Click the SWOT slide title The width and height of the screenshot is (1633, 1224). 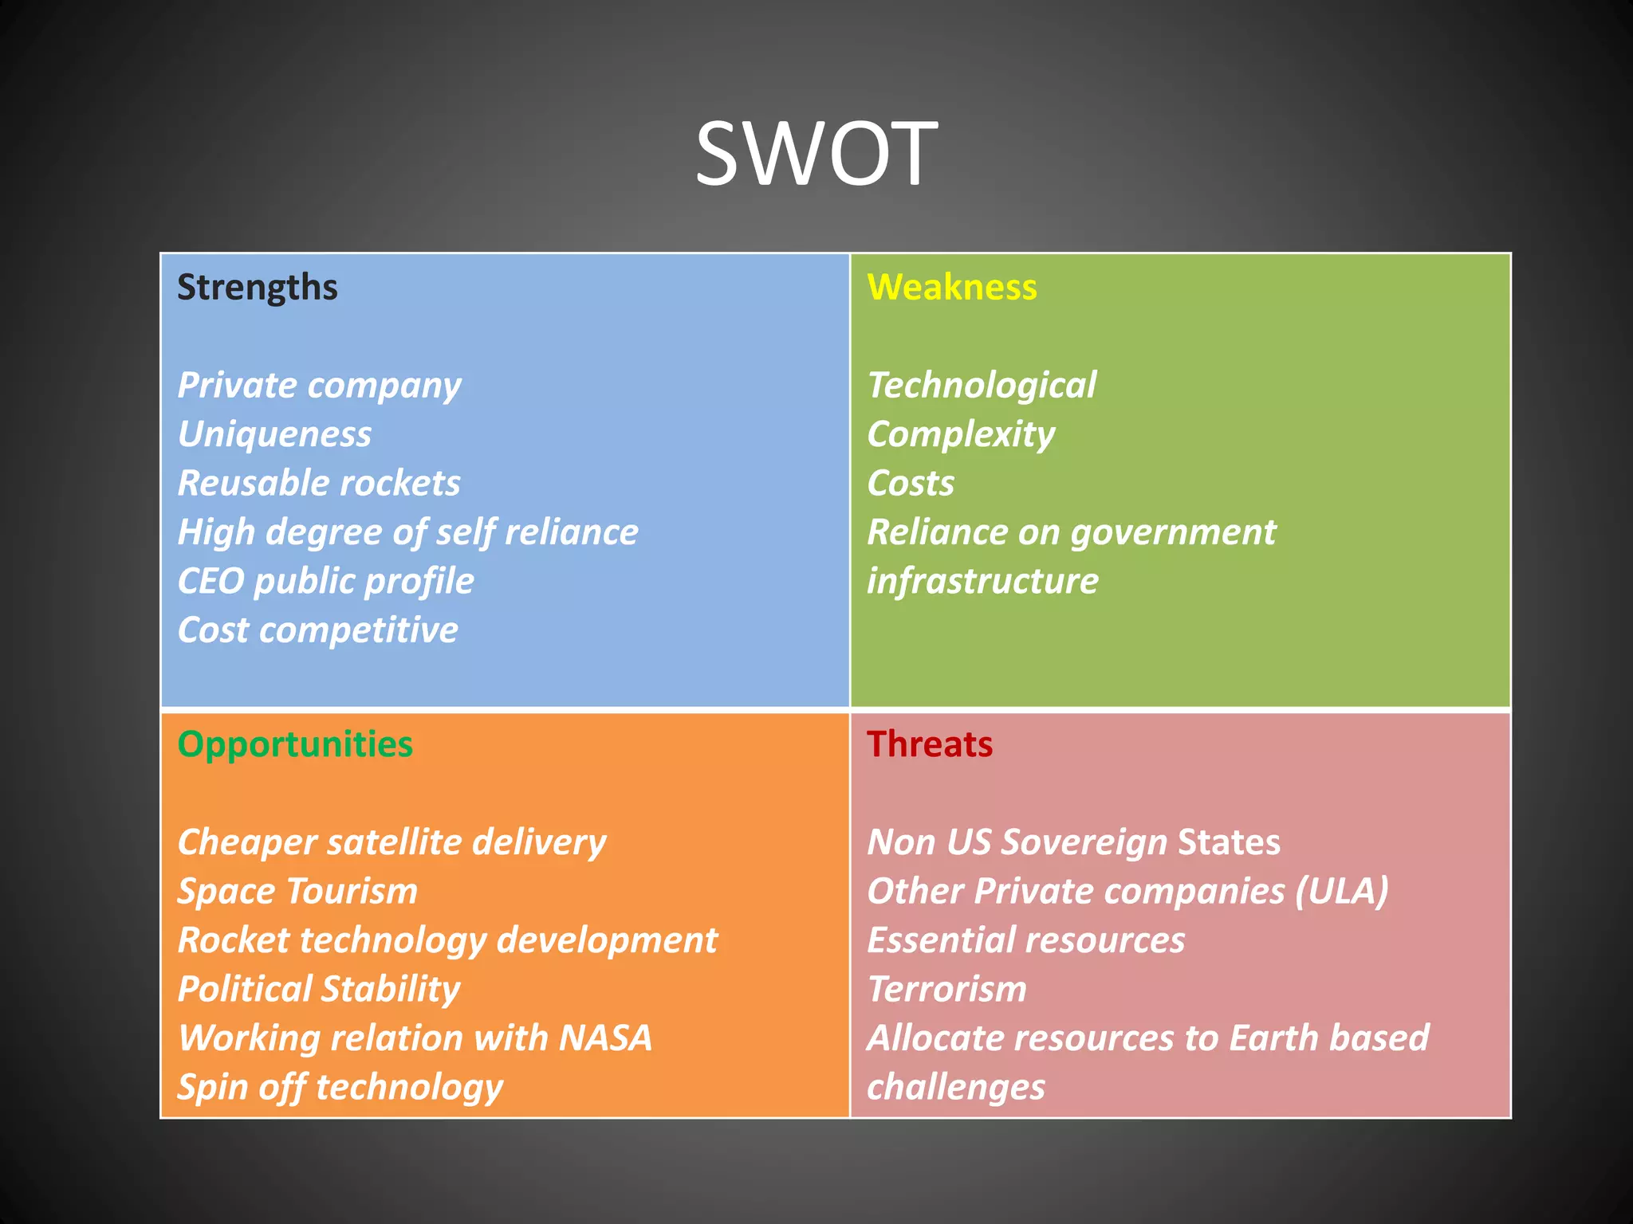[816, 154]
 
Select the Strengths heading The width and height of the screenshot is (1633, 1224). [257, 288]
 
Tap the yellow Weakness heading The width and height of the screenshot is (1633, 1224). [952, 288]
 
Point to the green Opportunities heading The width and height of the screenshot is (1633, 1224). [295, 744]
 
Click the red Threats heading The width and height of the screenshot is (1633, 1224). [930, 744]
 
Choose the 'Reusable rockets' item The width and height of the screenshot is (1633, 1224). [319, 484]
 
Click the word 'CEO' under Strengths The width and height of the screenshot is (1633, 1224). [211, 581]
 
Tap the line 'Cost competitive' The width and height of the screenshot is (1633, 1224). [317, 630]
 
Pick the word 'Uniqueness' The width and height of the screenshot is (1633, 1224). [274, 435]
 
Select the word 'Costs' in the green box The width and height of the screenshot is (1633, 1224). [911, 484]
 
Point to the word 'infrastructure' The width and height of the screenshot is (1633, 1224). [982, 581]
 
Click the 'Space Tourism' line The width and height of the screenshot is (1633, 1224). [297, 892]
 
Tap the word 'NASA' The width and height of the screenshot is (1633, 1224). [605, 1038]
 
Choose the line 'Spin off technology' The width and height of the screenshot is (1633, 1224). [340, 1088]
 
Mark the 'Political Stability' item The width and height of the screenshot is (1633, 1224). [319, 990]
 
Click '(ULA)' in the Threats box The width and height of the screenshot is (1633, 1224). [1342, 892]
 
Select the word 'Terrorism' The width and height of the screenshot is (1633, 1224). [947, 990]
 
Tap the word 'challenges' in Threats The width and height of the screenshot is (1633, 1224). [956, 1088]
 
